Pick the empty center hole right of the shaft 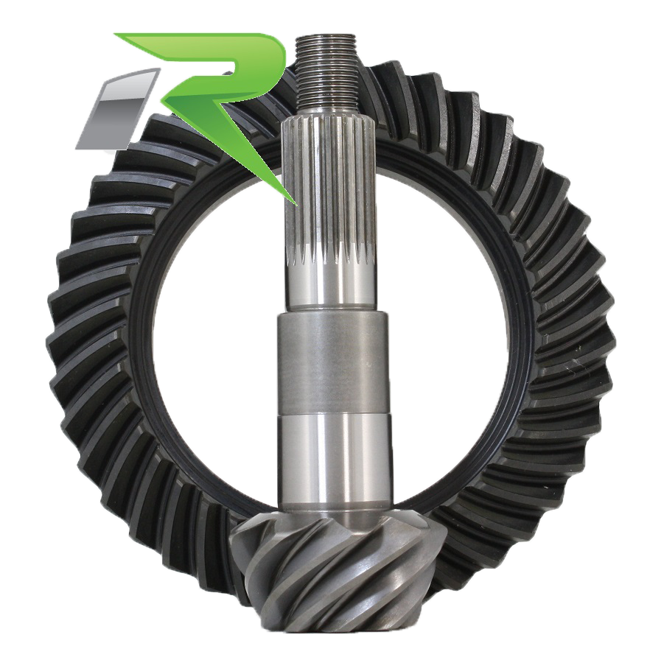[x=450, y=331]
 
